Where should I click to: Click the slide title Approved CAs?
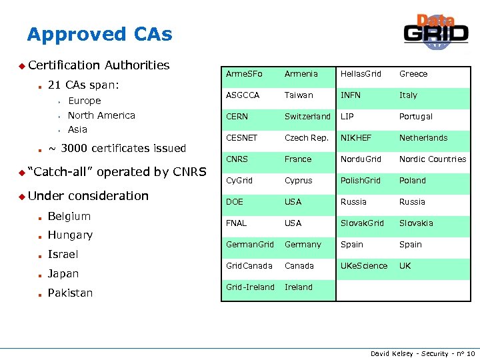point(99,34)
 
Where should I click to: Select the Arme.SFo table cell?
point(244,74)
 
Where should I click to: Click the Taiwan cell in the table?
point(299,95)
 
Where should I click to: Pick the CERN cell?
point(237,117)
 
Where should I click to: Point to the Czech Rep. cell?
point(306,138)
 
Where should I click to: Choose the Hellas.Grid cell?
point(361,74)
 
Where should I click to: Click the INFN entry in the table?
point(351,95)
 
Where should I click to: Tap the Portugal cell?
point(416,117)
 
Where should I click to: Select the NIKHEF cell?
point(357,138)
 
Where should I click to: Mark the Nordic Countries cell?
point(433,159)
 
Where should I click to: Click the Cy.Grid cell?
point(239,181)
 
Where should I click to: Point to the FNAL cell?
point(236,223)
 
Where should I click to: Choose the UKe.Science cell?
point(364,266)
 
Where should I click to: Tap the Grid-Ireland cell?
point(250,287)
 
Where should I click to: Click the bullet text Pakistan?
point(70,293)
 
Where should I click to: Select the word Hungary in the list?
point(70,235)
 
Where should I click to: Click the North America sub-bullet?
point(101,115)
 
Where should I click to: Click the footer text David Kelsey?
point(392,353)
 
